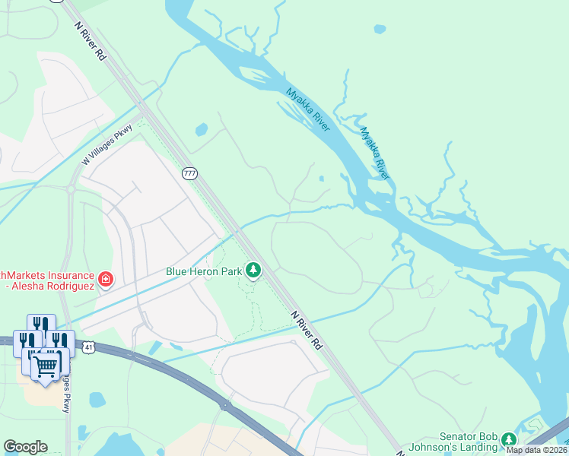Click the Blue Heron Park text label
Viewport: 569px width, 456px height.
click(x=204, y=271)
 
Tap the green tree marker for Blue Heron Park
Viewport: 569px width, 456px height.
click(x=253, y=270)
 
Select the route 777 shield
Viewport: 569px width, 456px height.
click(x=189, y=174)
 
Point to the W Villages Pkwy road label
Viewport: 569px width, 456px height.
click(x=107, y=144)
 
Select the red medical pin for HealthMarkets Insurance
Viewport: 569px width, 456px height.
click(x=105, y=280)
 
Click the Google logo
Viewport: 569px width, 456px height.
click(x=25, y=447)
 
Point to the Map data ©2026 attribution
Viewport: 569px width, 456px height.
click(x=536, y=450)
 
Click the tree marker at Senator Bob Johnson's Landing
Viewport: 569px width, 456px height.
click(x=507, y=439)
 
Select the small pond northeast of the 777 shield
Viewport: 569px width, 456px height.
click(x=202, y=130)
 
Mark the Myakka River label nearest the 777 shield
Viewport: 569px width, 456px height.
click(x=307, y=110)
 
